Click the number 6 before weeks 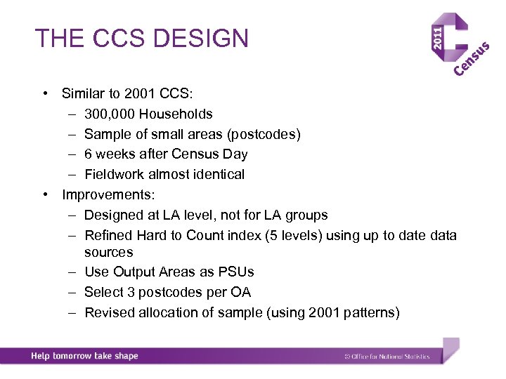coord(89,154)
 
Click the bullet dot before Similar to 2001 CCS coord(44,93)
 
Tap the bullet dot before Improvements coord(44,194)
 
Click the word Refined coord(108,235)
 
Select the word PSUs coord(238,272)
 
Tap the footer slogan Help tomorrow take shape coord(84,356)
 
